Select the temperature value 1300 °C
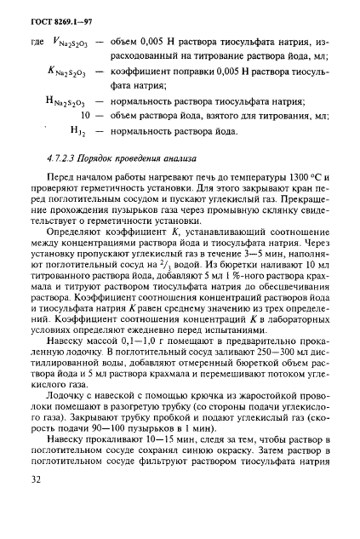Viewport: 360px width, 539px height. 301,175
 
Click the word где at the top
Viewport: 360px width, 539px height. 35,43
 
